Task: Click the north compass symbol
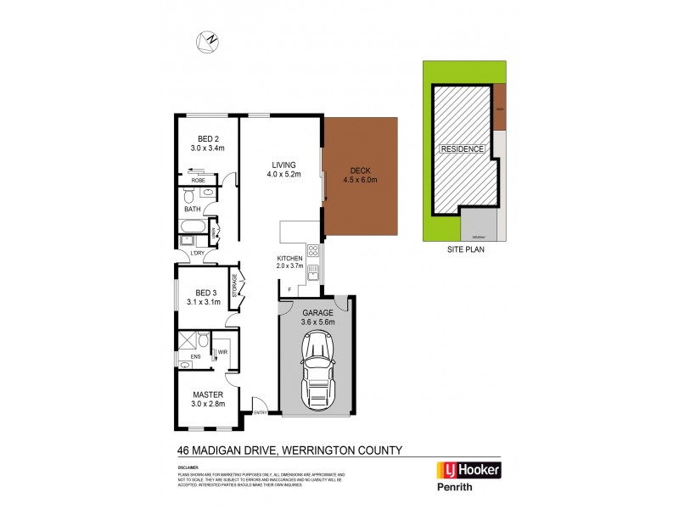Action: tap(208, 39)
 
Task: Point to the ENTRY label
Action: tap(261, 413)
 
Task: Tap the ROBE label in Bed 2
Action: tap(198, 180)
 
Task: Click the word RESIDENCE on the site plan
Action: tap(463, 149)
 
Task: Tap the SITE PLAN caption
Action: tap(464, 251)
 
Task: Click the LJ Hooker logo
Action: tap(468, 471)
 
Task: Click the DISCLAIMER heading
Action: tap(188, 467)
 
